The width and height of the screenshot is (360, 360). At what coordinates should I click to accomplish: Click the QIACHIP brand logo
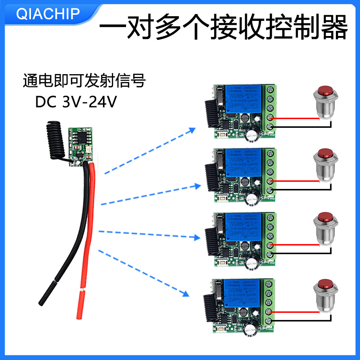click(x=48, y=14)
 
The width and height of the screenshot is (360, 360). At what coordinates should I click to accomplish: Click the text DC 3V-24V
click(x=76, y=102)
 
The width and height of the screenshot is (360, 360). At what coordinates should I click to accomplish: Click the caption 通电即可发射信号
click(x=84, y=81)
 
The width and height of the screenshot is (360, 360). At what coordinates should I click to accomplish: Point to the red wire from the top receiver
click(x=295, y=118)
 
